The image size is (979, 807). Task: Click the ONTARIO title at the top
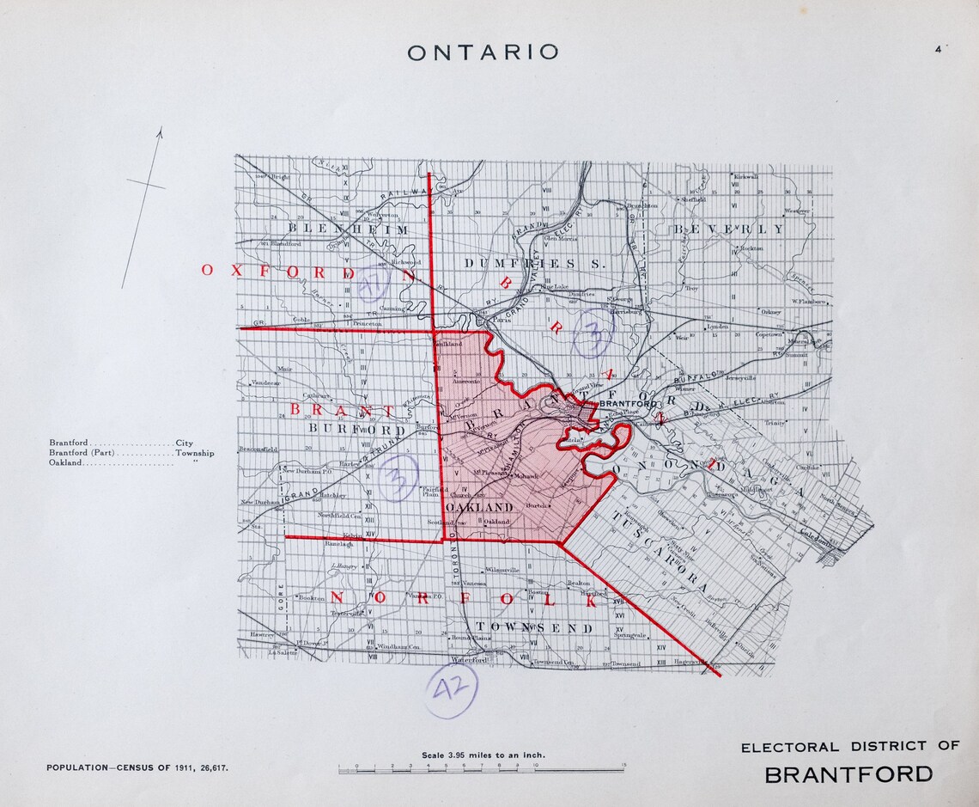pyautogui.click(x=483, y=52)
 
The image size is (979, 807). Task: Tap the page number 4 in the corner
pyautogui.click(x=939, y=49)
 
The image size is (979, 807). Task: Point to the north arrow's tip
pyautogui.click(x=160, y=129)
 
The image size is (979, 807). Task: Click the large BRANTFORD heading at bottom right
pyautogui.click(x=848, y=773)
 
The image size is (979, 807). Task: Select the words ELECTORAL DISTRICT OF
pyautogui.click(x=849, y=746)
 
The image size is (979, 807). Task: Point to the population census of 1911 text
pyautogui.click(x=137, y=767)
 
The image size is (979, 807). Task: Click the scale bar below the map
pyautogui.click(x=481, y=770)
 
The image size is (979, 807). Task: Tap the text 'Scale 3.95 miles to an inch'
pyautogui.click(x=483, y=755)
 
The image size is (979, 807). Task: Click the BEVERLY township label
pyautogui.click(x=728, y=229)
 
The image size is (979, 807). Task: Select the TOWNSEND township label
pyautogui.click(x=533, y=628)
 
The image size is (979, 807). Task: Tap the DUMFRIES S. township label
pyautogui.click(x=532, y=263)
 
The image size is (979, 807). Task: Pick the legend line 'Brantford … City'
pyautogui.click(x=120, y=443)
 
